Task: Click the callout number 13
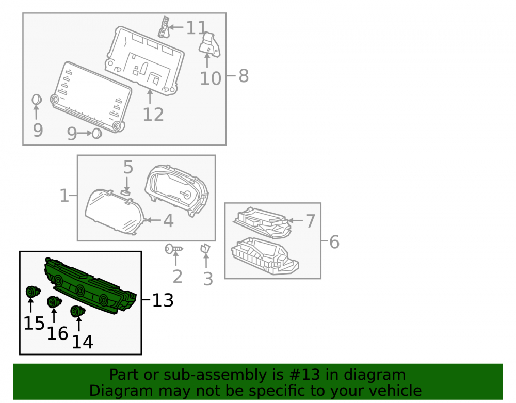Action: click(163, 300)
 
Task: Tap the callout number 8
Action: click(244, 76)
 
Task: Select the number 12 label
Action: click(153, 115)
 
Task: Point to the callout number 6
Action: click(334, 242)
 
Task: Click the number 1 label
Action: click(64, 196)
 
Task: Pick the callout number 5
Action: click(128, 167)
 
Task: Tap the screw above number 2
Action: click(174, 249)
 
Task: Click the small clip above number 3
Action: click(205, 249)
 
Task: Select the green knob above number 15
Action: click(33, 292)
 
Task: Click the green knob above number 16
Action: click(54, 302)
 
